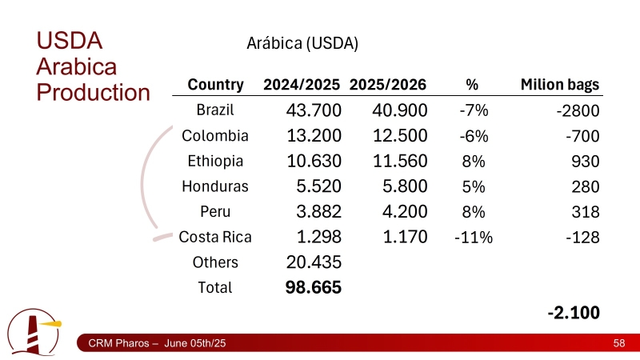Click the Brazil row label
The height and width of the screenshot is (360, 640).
click(x=215, y=110)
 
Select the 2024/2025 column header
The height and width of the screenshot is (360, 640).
click(x=302, y=85)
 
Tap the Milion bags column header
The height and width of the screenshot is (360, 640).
click(x=560, y=85)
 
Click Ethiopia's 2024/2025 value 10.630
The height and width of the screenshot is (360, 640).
click(x=314, y=161)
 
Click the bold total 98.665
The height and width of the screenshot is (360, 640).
click(x=314, y=287)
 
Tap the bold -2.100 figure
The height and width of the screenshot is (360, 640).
click(x=574, y=312)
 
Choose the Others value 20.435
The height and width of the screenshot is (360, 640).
click(x=314, y=262)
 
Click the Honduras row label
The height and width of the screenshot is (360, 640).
click(x=215, y=186)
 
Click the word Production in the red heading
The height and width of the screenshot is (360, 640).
click(x=94, y=92)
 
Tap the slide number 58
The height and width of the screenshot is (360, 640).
click(x=618, y=343)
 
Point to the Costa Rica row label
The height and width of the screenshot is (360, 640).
click(x=215, y=238)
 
